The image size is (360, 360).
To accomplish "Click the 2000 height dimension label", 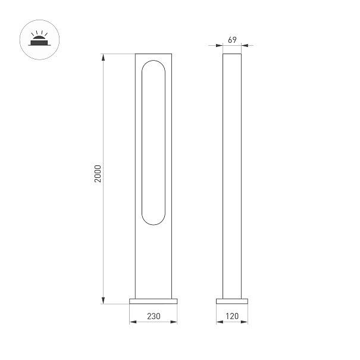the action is point(98,174).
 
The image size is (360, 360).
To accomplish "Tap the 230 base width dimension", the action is point(154,316).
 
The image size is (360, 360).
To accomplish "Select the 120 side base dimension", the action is point(232,316).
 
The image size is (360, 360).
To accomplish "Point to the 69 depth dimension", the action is point(232,40).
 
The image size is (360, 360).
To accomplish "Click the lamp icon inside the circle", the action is point(39,38).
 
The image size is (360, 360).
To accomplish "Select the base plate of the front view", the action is point(154,301).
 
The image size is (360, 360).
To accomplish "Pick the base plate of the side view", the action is point(232,301).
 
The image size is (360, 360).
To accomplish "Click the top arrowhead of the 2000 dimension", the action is point(104,57).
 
